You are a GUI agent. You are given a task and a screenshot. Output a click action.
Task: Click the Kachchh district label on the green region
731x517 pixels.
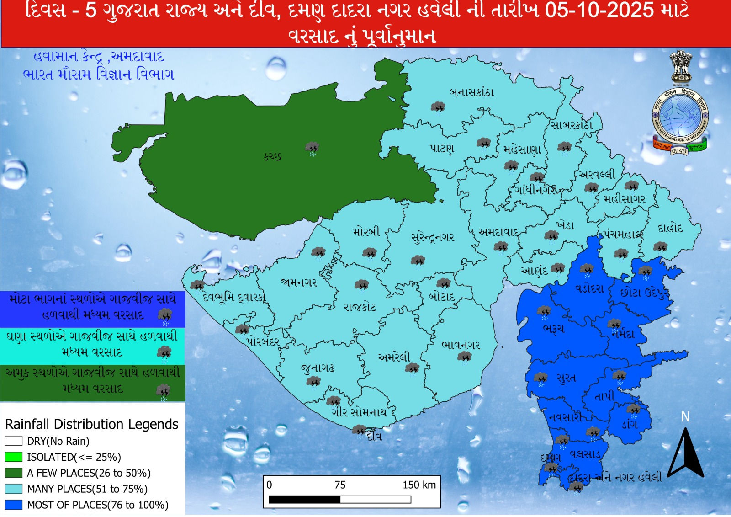(x=272, y=156)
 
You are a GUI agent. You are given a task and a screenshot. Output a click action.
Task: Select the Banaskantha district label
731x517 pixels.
(x=472, y=92)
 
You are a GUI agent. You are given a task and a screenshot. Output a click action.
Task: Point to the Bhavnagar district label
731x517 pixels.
(x=461, y=345)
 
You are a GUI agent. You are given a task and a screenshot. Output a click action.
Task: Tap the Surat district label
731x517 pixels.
(x=566, y=378)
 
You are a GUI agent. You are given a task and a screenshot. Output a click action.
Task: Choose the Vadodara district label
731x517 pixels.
(x=589, y=289)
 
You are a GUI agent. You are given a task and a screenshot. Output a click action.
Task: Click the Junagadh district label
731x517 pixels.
(x=318, y=368)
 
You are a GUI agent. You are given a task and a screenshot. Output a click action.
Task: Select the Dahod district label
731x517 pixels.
(x=670, y=229)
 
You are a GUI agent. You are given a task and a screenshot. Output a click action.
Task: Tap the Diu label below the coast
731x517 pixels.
(x=374, y=437)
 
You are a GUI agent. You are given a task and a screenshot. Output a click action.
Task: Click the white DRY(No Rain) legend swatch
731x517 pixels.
(x=13, y=441)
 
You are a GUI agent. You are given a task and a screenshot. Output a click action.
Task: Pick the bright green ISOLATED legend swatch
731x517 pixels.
(x=13, y=457)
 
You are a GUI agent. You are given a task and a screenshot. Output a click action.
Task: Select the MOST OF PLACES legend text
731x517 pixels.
(x=97, y=505)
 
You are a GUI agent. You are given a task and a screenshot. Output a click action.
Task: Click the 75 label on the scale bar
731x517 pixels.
(x=340, y=485)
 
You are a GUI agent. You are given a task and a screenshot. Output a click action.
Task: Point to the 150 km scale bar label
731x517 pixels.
(x=418, y=485)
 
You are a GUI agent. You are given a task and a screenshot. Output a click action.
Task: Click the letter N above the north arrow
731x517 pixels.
(x=685, y=417)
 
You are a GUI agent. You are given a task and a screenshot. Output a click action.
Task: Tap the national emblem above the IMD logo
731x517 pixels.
(x=681, y=68)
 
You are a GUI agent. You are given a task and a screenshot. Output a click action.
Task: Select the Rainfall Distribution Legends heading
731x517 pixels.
(x=91, y=424)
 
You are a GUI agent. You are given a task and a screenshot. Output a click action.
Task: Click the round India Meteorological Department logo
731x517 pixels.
(x=679, y=117)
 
